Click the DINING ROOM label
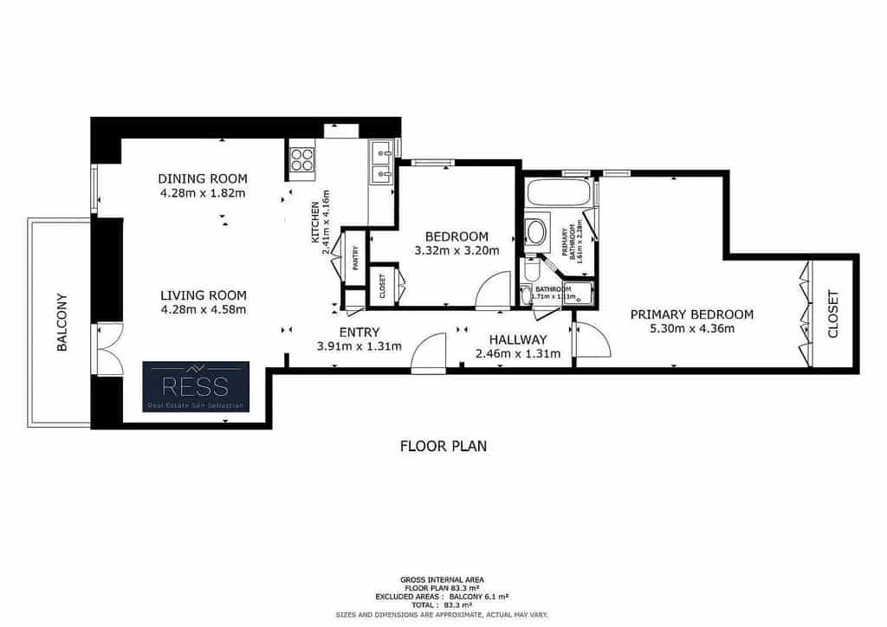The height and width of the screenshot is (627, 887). coord(203,179)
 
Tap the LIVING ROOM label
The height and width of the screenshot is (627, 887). coord(204,294)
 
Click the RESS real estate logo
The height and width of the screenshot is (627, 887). coord(196,386)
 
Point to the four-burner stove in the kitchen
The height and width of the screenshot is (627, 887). coord(302,158)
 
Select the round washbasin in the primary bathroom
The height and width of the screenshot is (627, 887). coord(536,232)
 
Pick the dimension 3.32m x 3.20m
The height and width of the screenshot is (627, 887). coord(457,251)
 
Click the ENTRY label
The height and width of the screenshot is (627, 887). coord(359,333)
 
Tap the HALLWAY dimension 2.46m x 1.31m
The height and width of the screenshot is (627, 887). coord(518,353)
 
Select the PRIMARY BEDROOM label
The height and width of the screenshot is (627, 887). coord(691,314)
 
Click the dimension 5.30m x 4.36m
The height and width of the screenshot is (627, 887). coord(691,328)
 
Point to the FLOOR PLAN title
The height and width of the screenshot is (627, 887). coord(443,447)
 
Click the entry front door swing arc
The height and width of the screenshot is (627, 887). coord(427,356)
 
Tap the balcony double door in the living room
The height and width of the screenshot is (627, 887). coord(107,350)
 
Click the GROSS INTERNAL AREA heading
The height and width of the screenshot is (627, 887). coord(442,579)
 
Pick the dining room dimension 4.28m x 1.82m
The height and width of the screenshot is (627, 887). coord(203,193)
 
